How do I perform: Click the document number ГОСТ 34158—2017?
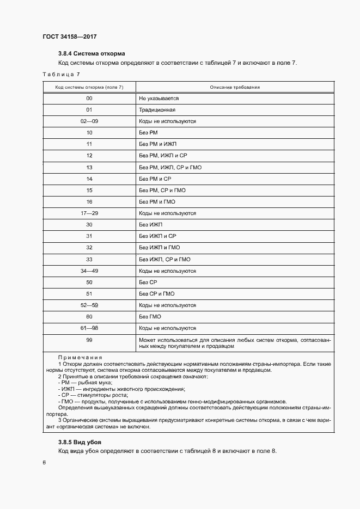pyautogui.click(x=69, y=36)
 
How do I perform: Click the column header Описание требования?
pyautogui.click(x=235, y=87)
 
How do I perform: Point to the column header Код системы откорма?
pyautogui.click(x=89, y=87)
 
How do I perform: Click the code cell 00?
pyautogui.click(x=89, y=99)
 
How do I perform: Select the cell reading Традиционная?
pyautogui.click(x=157, y=110)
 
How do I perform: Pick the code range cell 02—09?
pyautogui.click(x=89, y=121)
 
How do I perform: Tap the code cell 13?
pyautogui.click(x=89, y=167)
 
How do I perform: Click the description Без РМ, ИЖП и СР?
pyautogui.click(x=163, y=156)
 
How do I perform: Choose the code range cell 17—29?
pyautogui.click(x=89, y=213)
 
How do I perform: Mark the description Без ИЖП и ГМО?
pyautogui.click(x=160, y=248)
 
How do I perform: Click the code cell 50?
pyautogui.click(x=89, y=283)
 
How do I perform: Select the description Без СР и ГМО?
pyautogui.click(x=157, y=294)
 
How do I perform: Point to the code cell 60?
pyautogui.click(x=89, y=317)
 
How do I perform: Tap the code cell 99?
pyautogui.click(x=89, y=340)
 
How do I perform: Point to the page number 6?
pyautogui.click(x=44, y=463)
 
